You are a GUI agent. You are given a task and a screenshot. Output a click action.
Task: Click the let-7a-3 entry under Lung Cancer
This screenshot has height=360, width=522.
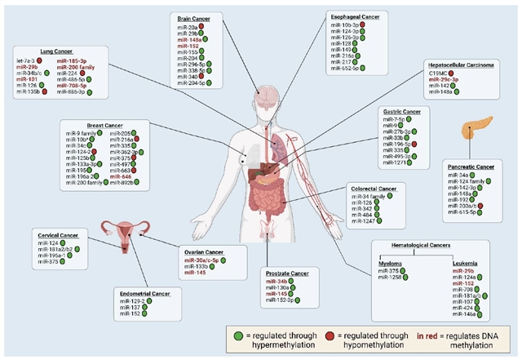click(x=26, y=60)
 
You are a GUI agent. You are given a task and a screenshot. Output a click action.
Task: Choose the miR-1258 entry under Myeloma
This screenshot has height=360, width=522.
click(x=390, y=278)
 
